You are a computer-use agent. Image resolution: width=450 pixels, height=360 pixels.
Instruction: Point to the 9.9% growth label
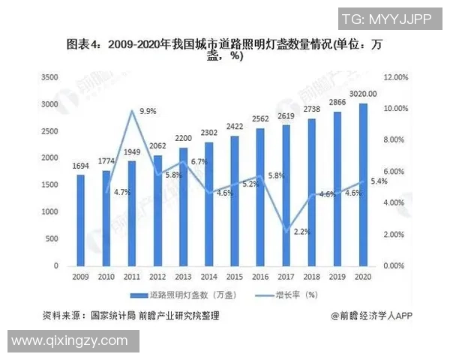click(x=148, y=111)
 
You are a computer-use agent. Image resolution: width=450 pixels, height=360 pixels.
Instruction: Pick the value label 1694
click(x=80, y=165)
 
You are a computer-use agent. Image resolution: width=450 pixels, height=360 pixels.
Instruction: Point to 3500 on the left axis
click(x=49, y=77)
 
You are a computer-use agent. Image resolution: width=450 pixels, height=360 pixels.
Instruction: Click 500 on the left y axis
click(x=52, y=239)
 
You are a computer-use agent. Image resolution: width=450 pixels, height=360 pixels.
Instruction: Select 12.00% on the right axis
click(x=395, y=77)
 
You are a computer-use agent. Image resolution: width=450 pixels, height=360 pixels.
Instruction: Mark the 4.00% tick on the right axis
click(x=395, y=203)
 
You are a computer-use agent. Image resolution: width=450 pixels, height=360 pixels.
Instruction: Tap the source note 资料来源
click(x=131, y=316)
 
